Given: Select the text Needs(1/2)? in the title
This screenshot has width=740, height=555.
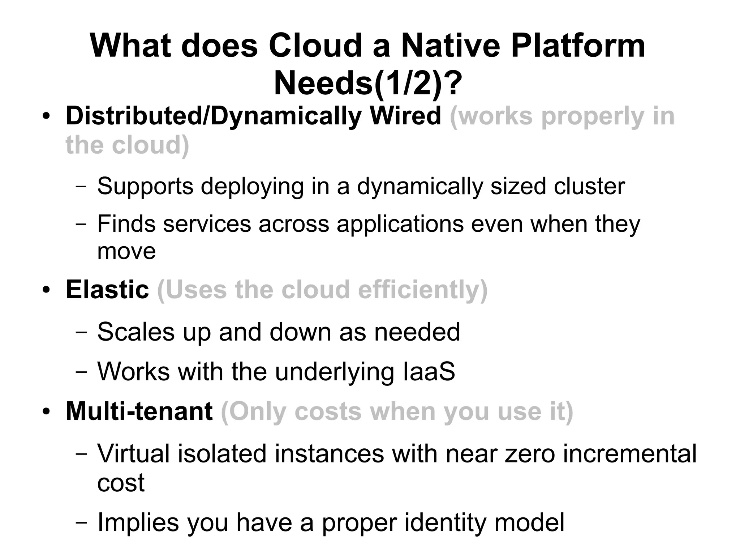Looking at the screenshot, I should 368,84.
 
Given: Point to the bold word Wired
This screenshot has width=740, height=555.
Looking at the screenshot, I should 405,116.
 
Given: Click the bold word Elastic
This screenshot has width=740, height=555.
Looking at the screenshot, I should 107,290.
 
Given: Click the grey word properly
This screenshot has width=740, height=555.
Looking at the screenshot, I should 593,116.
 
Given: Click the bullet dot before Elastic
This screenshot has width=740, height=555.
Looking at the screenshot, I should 46,291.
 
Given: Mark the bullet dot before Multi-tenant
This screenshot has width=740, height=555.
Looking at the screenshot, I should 46,412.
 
